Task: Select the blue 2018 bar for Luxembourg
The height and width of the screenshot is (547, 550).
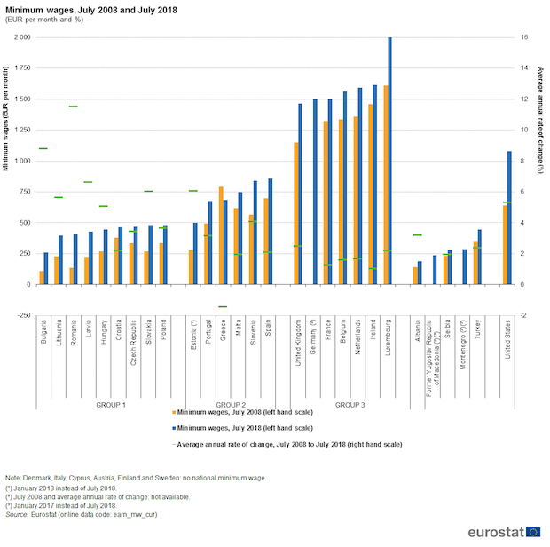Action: pyautogui.click(x=389, y=160)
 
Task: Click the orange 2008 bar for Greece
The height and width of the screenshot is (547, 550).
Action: pyautogui.click(x=221, y=235)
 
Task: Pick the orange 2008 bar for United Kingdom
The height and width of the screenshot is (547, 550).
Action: pyautogui.click(x=296, y=213)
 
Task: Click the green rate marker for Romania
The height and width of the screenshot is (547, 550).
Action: pyautogui.click(x=74, y=107)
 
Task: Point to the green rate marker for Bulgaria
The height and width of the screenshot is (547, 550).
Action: pyautogui.click(x=43, y=148)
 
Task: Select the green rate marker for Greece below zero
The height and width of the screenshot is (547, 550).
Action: pyautogui.click(x=223, y=307)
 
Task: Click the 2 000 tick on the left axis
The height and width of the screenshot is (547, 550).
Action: pyautogui.click(x=21, y=37)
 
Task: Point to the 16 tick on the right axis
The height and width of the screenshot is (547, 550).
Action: pyautogui.click(x=525, y=37)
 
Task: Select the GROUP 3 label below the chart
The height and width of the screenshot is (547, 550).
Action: pyautogui.click(x=350, y=404)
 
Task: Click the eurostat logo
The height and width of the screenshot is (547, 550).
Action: pyautogui.click(x=501, y=532)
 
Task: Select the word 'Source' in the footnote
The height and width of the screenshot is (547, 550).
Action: pyautogui.click(x=17, y=515)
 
